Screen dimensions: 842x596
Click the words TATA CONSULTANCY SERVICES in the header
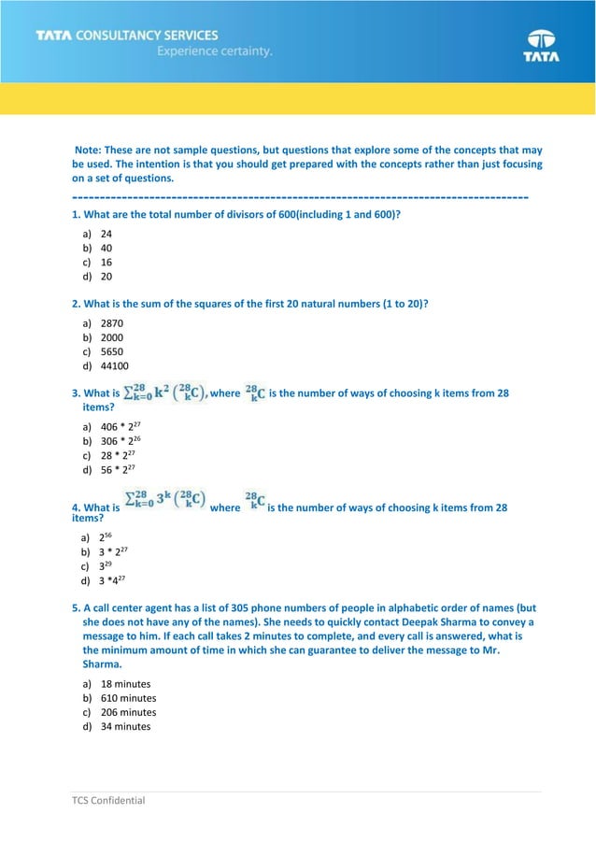pyautogui.click(x=127, y=36)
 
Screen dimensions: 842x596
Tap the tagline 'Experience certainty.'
pyautogui.click(x=215, y=52)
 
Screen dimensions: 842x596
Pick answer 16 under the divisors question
pyautogui.click(x=106, y=263)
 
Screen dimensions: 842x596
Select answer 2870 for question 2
pyautogui.click(x=111, y=322)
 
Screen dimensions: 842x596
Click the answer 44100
pyautogui.click(x=114, y=366)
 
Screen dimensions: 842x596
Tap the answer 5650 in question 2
pyautogui.click(x=111, y=351)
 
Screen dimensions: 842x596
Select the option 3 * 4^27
pyautogui.click(x=114, y=580)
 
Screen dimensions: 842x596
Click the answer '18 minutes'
pyautogui.click(x=125, y=683)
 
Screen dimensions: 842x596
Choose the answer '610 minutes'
pyautogui.click(x=128, y=698)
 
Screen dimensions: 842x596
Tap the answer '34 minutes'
pyautogui.click(x=125, y=726)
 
